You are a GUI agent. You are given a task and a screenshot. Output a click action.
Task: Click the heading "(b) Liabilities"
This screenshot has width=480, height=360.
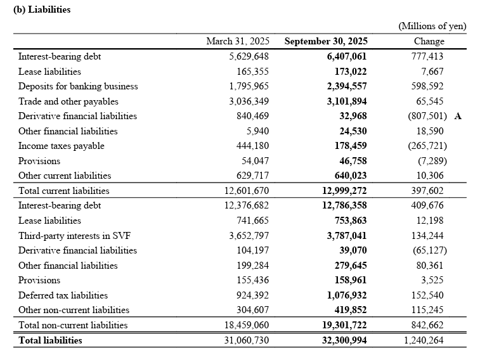point(42,10)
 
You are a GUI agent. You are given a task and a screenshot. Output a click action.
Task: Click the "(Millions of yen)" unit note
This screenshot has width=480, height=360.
point(432,26)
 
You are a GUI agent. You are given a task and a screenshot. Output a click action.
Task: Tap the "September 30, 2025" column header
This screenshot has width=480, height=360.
point(325,41)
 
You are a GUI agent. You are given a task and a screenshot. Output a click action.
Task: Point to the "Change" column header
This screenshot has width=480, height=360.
point(429,41)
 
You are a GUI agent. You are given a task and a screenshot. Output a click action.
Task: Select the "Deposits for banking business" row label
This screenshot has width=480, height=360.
point(78,86)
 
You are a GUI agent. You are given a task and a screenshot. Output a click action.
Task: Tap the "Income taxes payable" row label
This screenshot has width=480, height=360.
point(62,146)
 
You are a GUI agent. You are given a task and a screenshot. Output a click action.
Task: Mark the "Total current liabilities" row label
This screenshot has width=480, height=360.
point(64,191)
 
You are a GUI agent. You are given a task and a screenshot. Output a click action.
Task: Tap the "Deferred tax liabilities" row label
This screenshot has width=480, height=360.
point(63,295)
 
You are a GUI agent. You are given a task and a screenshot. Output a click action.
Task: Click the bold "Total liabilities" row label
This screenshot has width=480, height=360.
point(50,340)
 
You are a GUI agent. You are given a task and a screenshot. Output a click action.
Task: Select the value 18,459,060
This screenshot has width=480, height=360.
point(237,325)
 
